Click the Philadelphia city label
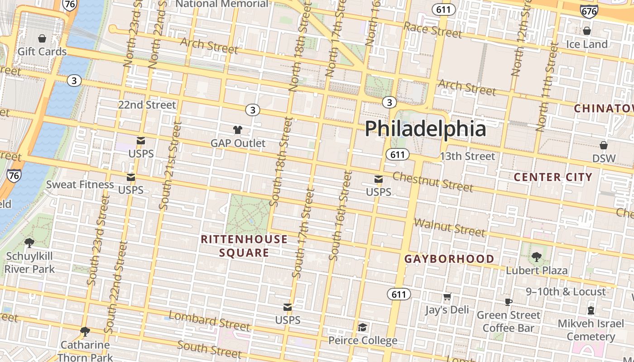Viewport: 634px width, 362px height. (425, 129)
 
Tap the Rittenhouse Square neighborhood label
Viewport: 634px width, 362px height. (244, 246)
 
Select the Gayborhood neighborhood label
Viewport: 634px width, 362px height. (449, 259)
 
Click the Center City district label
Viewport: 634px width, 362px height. (553, 177)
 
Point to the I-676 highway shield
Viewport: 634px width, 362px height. (589, 11)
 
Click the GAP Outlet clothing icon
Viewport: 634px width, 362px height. (238, 130)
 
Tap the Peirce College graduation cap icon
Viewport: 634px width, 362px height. (362, 327)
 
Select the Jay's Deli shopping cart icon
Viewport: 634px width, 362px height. (447, 297)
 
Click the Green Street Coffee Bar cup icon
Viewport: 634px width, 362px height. (509, 302)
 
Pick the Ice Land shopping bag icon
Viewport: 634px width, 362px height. (587, 31)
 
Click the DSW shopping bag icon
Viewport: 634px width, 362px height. (604, 145)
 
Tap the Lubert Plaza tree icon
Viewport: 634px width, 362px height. (537, 257)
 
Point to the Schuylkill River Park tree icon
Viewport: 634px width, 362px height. (29, 243)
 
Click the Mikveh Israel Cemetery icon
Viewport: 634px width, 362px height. (591, 310)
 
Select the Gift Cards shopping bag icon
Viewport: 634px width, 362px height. (42, 38)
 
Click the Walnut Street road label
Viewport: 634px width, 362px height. (449, 227)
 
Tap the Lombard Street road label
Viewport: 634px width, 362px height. (209, 320)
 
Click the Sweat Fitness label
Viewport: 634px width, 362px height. (80, 184)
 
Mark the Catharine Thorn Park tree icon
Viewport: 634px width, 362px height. (84, 332)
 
